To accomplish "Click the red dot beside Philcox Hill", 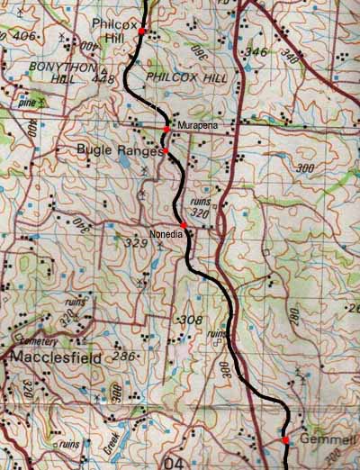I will point(141,32).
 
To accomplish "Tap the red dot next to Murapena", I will point(166,130).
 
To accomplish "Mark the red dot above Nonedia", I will point(184,224).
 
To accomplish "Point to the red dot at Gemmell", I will point(285,440).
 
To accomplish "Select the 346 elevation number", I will point(257,52).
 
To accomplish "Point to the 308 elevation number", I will point(190,320).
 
